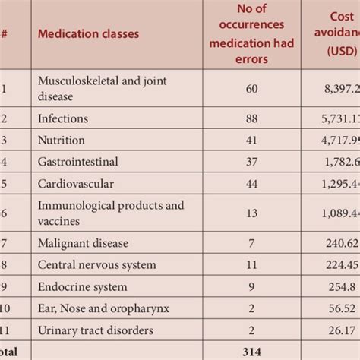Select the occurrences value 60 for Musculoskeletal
[x=251, y=88]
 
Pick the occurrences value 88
[x=251, y=119]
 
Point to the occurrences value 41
[x=251, y=140]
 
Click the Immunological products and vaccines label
[x=111, y=213]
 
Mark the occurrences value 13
[x=251, y=213]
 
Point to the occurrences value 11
[x=251, y=265]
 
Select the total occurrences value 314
[x=251, y=352]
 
